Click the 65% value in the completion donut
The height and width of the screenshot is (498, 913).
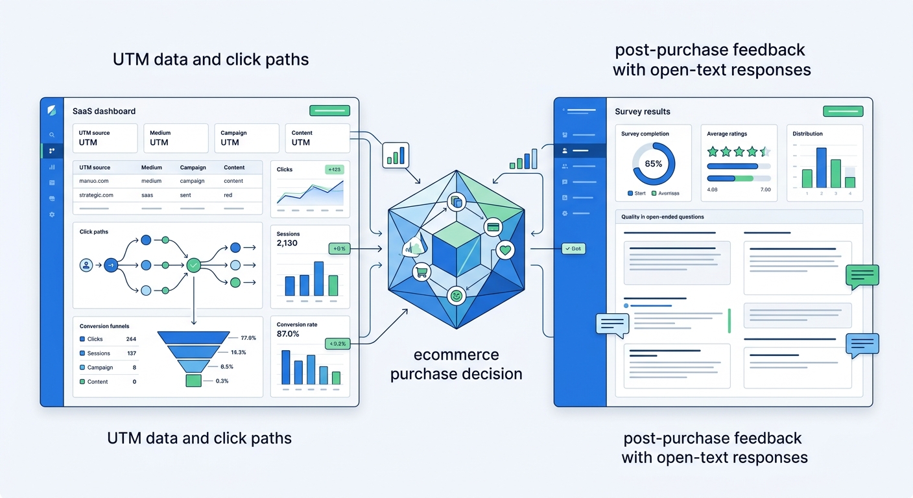pos(653,164)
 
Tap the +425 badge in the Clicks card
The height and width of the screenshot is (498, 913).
pos(335,169)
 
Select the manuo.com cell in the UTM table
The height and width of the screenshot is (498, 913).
pos(93,181)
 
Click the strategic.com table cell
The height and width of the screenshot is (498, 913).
pos(96,195)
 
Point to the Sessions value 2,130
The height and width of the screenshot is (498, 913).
pos(287,243)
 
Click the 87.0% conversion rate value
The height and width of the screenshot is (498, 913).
pos(288,334)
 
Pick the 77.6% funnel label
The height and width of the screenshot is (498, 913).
pos(248,338)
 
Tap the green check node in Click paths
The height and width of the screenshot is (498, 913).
pos(193,265)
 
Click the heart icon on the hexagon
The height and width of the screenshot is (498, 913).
pos(505,250)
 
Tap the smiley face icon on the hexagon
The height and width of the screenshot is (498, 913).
pos(456,296)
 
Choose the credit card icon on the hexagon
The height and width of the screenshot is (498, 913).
pos(493,227)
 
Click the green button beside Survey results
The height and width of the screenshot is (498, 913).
pos(842,111)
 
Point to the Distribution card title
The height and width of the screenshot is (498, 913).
pos(807,134)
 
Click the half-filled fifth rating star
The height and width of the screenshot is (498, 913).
pos(765,152)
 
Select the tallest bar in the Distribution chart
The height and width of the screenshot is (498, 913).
pos(821,167)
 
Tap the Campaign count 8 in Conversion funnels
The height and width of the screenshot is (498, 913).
pos(134,368)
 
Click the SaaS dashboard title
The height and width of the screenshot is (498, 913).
pos(104,111)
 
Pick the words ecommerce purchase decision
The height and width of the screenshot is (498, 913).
pos(456,364)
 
